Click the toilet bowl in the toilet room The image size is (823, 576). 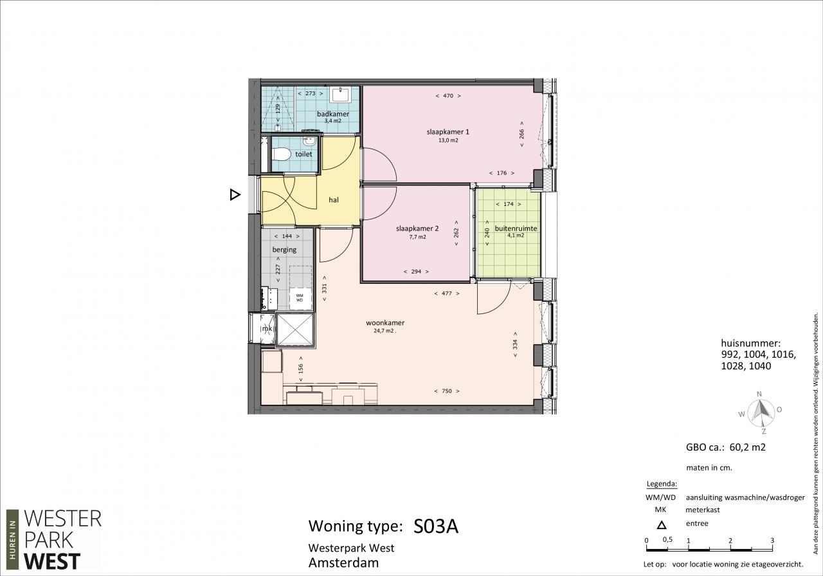[282, 154]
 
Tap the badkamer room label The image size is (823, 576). [333, 114]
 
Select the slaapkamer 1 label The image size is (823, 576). [448, 132]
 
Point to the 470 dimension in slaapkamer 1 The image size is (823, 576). [448, 96]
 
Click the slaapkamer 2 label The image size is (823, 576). [417, 228]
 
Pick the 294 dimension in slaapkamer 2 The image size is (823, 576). [416, 272]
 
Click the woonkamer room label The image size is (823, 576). [385, 323]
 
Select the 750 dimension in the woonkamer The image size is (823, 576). [447, 391]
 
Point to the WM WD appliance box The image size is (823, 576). [300, 297]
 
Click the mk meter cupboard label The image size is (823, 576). [267, 328]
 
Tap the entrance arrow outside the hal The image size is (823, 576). [235, 194]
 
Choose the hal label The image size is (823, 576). [334, 200]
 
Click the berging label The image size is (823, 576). [284, 250]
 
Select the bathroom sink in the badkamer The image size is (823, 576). [341, 95]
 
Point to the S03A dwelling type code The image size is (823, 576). [436, 526]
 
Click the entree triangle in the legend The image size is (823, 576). [662, 525]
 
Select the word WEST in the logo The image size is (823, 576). [52, 562]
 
